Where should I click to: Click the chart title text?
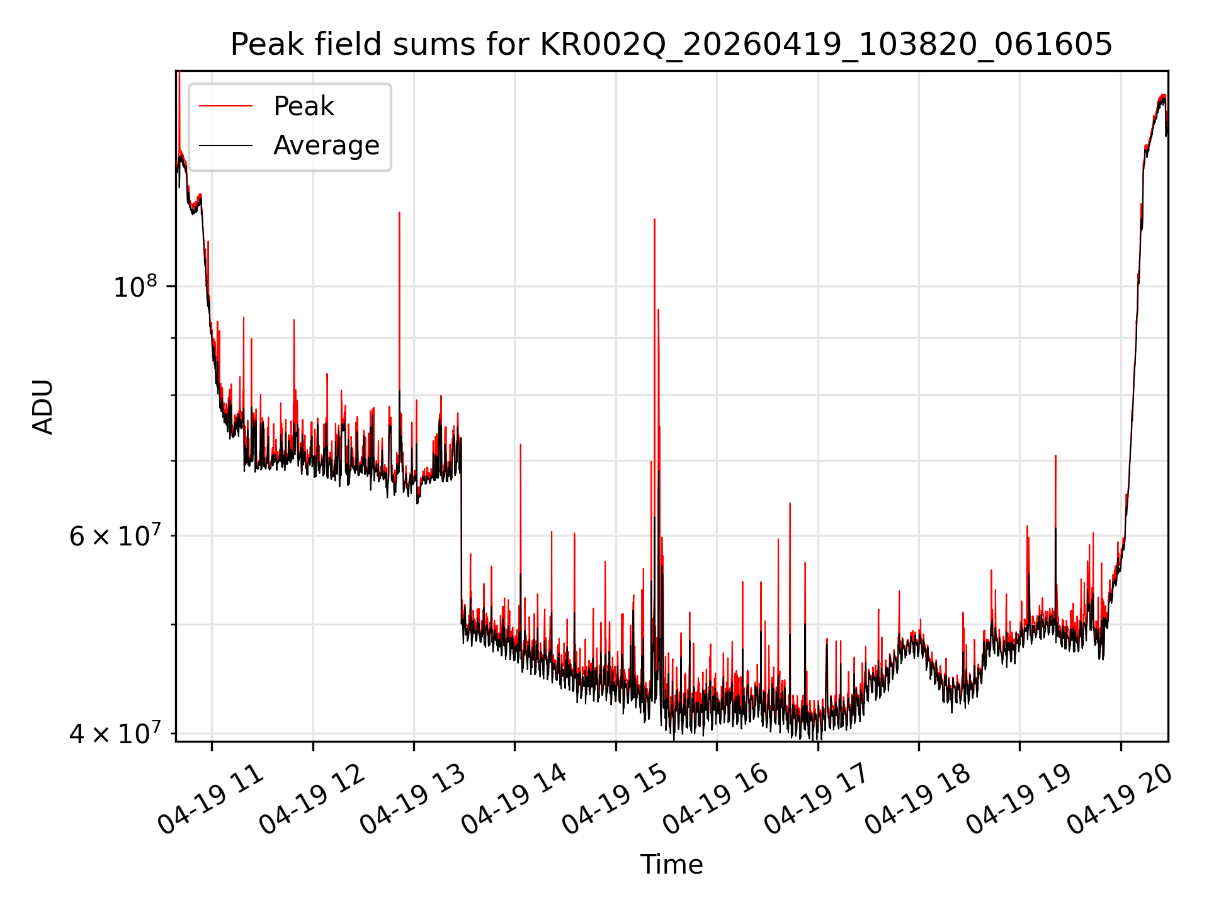point(671,45)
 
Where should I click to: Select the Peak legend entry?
point(304,106)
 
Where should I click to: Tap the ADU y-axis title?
point(43,406)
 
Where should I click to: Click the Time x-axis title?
point(671,864)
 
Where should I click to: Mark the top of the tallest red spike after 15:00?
point(655,219)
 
